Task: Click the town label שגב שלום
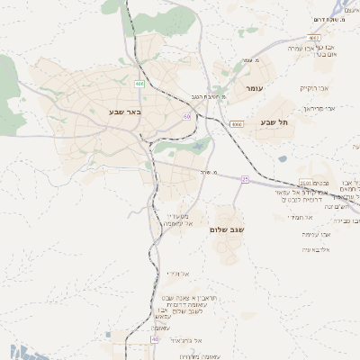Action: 227,229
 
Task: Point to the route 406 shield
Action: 139,84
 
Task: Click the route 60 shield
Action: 187,116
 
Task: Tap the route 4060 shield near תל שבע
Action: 237,124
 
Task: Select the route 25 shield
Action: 244,179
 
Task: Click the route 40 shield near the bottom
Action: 155,339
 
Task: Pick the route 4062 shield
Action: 313,38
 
